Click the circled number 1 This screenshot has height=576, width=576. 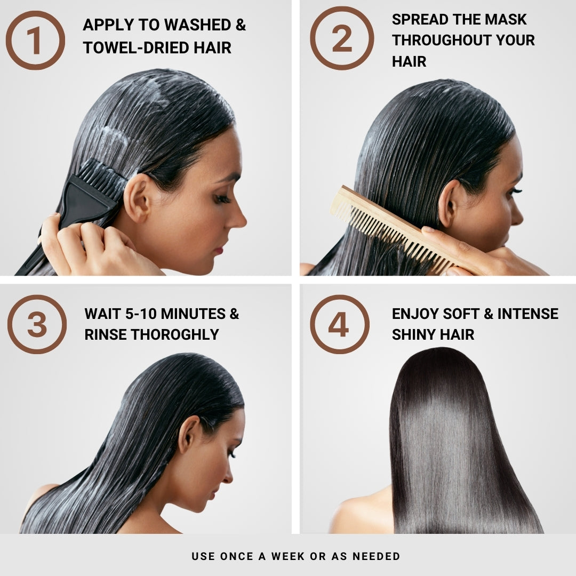pos(35,40)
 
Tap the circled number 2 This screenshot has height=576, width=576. pos(342,38)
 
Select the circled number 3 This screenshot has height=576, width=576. pos(37,324)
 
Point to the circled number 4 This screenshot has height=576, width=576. pos(340,324)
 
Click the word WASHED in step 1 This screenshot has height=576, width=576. pos(198,25)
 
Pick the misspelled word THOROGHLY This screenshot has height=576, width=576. pos(175,334)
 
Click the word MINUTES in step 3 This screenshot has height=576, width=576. pos(193,314)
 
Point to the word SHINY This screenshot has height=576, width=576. pos(414,334)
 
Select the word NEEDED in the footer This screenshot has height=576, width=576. pos(376,556)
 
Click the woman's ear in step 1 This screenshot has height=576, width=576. pos(137,198)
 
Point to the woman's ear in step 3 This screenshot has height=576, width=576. pos(188,435)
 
